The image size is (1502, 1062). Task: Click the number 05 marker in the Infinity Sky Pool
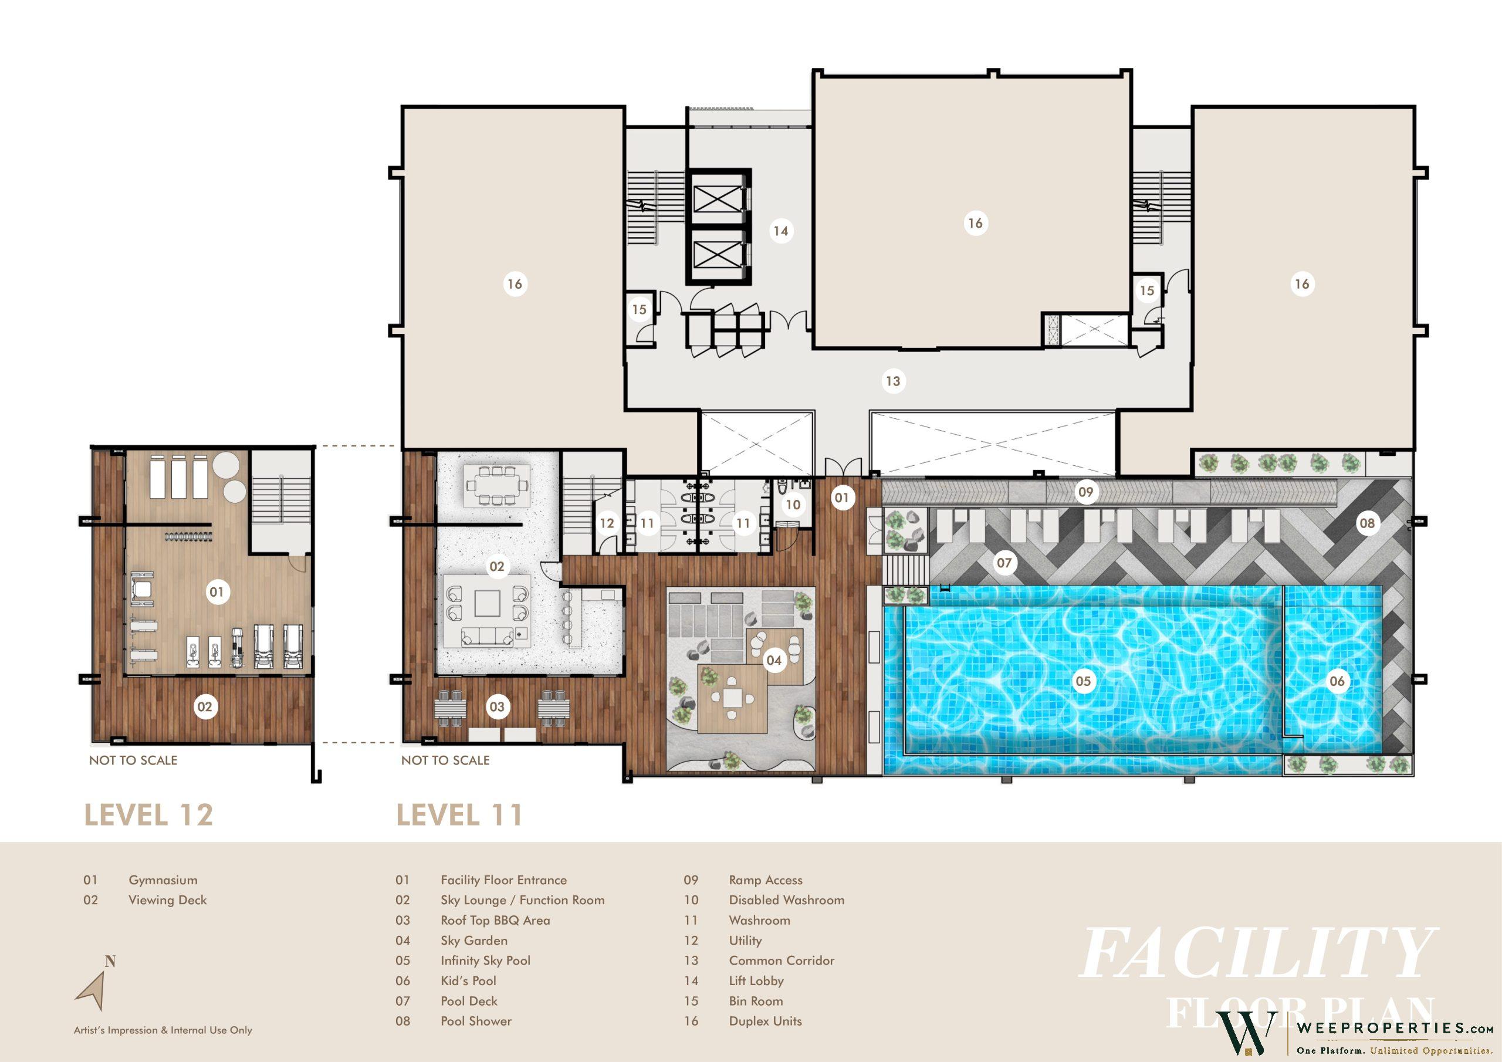pos(1083,681)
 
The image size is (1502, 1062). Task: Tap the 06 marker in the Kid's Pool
pos(1337,681)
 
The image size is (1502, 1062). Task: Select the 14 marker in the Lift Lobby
pos(780,231)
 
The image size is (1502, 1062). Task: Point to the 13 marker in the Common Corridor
pos(893,381)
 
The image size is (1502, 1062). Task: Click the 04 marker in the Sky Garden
pos(774,660)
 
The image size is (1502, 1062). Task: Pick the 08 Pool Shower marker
pos(1367,523)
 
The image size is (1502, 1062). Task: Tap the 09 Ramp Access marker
pos(1086,492)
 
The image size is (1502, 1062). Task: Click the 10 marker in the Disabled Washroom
pos(793,505)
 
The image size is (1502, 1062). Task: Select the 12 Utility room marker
pos(607,523)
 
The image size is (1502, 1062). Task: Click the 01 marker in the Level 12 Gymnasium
pos(216,593)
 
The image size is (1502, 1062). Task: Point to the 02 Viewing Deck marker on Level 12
pos(205,706)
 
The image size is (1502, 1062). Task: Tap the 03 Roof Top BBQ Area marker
pos(497,706)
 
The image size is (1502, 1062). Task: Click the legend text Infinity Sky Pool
pos(485,960)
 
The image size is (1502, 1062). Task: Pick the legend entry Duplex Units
pos(766,1021)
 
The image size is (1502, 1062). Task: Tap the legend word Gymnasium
pos(163,881)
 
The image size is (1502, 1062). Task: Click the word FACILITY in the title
pos(1257,953)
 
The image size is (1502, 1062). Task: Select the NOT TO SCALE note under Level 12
pos(133,760)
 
